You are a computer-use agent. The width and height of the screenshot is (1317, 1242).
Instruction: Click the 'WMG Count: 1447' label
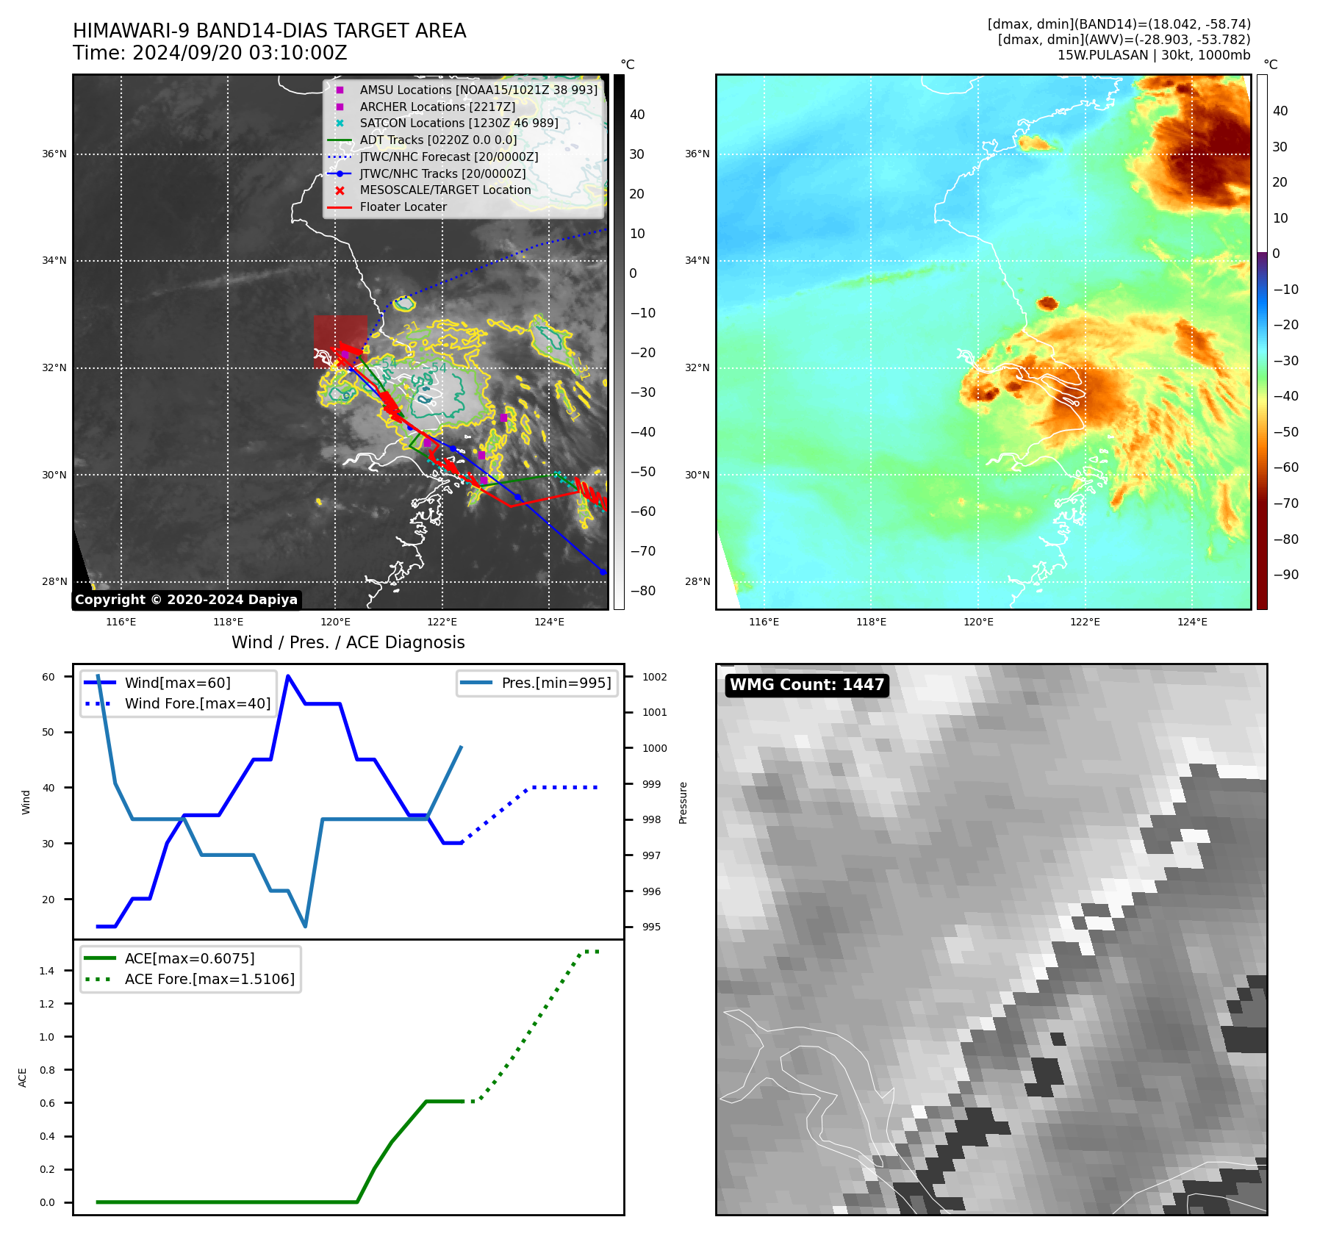point(806,685)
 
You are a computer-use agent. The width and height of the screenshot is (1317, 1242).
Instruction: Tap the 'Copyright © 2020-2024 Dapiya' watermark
point(186,600)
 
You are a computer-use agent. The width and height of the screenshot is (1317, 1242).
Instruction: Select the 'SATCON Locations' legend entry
point(459,123)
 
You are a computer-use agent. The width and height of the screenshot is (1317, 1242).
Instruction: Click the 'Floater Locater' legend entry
point(403,207)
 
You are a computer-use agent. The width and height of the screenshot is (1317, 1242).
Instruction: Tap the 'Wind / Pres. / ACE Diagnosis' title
point(348,642)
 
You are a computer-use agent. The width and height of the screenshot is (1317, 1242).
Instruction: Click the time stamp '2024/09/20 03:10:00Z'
point(240,54)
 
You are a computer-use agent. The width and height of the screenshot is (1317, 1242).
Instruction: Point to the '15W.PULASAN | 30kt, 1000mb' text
point(1153,55)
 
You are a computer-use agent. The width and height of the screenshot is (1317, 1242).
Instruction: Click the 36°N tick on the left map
point(54,154)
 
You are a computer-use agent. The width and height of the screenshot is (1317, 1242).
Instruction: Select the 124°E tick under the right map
point(1192,622)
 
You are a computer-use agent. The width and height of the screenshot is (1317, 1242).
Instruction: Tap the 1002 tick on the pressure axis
point(654,677)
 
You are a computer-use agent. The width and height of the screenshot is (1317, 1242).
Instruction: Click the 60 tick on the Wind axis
point(49,677)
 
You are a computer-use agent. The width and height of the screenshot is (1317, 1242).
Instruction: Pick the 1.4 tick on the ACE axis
point(47,971)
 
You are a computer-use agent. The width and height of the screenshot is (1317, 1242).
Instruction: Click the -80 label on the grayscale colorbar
point(643,591)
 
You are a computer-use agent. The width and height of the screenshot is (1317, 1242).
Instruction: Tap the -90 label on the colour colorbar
point(1285,575)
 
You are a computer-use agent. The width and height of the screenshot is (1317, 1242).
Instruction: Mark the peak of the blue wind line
point(288,676)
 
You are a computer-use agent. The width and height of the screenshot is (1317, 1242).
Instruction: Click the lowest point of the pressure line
point(305,926)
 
